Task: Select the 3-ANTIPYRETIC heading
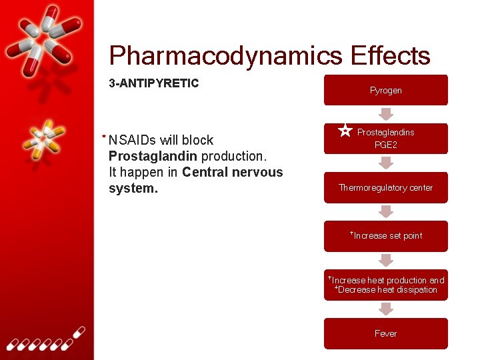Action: (x=153, y=83)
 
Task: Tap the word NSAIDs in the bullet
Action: (x=133, y=140)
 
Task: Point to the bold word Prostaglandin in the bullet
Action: (x=153, y=156)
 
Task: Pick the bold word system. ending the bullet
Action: (x=133, y=188)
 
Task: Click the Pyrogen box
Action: (x=385, y=90)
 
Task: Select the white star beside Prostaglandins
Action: (x=345, y=131)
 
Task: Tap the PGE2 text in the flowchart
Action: (x=385, y=144)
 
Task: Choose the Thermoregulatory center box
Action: (x=385, y=187)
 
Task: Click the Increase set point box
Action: (x=385, y=235)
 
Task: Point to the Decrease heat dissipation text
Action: (x=387, y=290)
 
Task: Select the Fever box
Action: (x=385, y=333)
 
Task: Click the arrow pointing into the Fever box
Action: (x=385, y=309)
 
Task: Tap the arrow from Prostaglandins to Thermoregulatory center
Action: (x=385, y=163)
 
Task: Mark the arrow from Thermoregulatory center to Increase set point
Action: (x=385, y=211)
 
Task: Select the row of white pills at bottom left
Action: (x=43, y=341)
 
